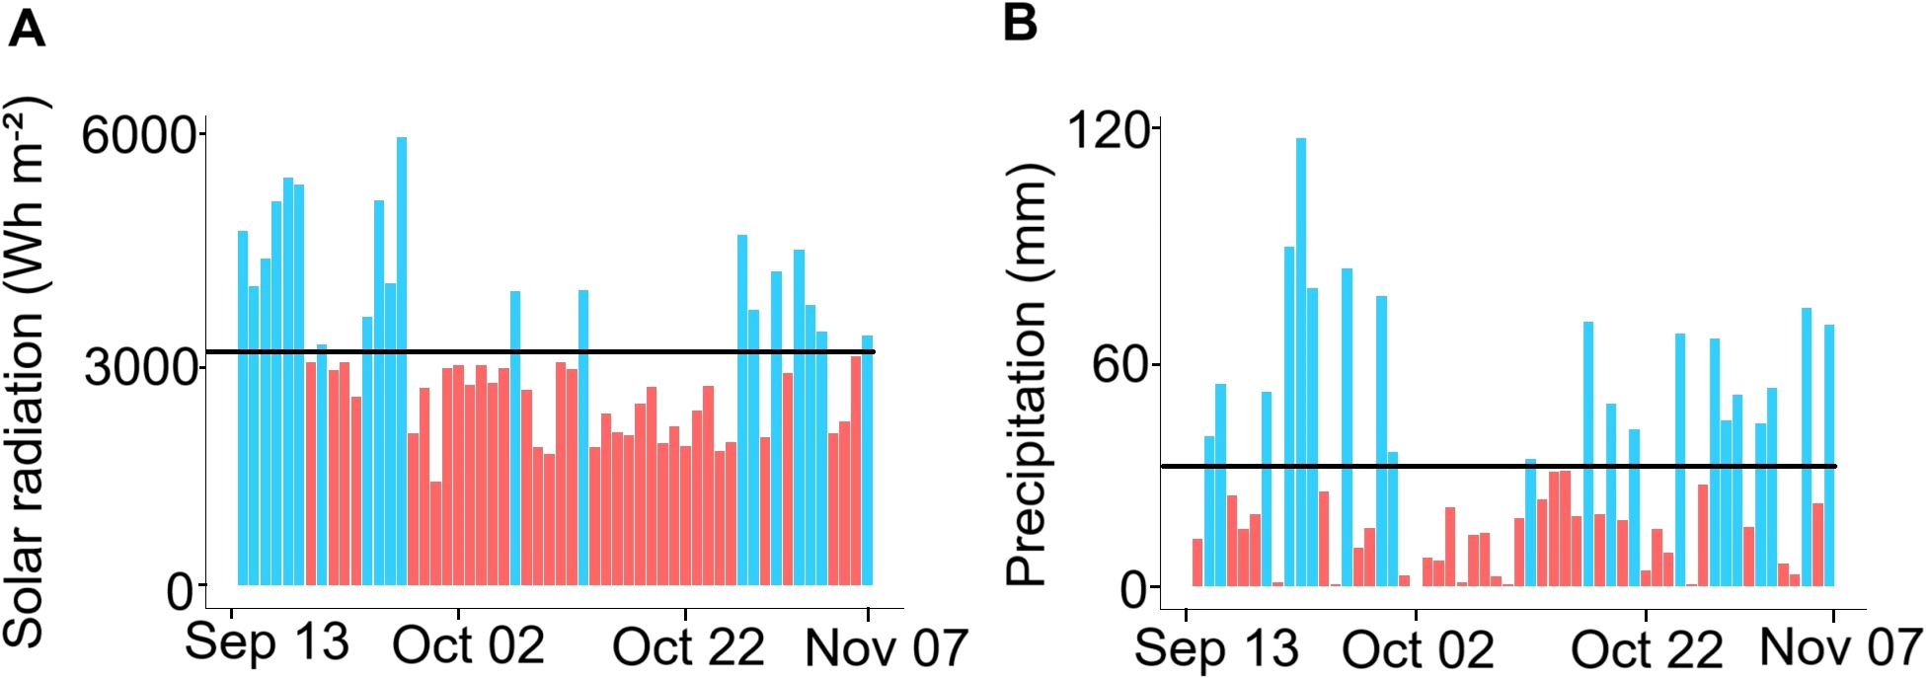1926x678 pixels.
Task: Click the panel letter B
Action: click(1020, 23)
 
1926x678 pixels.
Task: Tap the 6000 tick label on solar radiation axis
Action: click(137, 134)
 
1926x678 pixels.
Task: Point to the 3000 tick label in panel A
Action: click(139, 367)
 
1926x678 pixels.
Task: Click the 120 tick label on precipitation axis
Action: click(1112, 129)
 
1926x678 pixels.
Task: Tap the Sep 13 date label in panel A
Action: click(267, 642)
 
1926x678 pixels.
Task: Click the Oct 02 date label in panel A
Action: click(468, 646)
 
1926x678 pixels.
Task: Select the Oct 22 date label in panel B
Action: click(1647, 649)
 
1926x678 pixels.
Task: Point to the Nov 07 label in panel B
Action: click(1840, 647)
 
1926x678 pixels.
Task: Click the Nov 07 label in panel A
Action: click(886, 648)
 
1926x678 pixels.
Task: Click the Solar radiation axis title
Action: click(27, 370)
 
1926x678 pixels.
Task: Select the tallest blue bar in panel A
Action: click(402, 360)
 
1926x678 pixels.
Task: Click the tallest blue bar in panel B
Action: click(1300, 361)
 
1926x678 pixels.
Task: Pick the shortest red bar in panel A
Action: click(435, 533)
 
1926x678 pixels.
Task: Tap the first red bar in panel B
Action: click(1197, 562)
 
